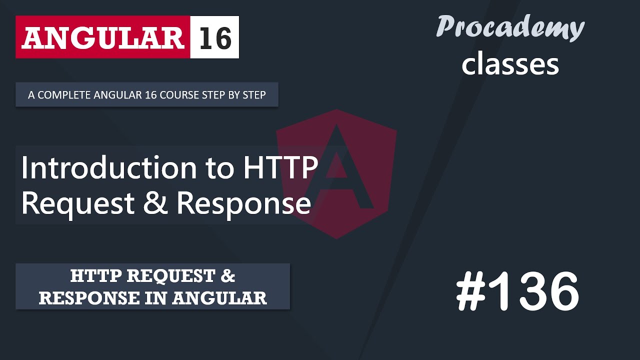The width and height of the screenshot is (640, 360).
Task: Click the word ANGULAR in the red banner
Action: [x=102, y=37]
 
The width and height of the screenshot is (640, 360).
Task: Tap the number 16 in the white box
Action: [x=215, y=37]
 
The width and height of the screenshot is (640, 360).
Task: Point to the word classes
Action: [x=510, y=64]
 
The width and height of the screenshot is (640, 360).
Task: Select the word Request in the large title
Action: [x=78, y=204]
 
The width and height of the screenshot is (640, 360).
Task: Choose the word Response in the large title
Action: [x=243, y=204]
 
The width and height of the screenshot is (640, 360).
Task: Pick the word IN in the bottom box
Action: [x=158, y=298]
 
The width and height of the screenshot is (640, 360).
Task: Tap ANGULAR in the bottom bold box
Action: [x=219, y=298]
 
